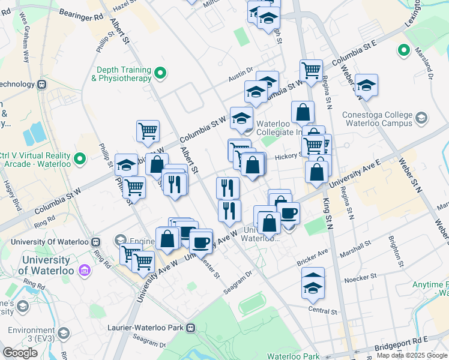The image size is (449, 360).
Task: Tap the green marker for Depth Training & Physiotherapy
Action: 160,74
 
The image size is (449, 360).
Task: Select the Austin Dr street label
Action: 241,77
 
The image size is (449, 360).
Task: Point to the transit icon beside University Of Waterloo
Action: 95,242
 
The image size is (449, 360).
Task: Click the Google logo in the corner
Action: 20,353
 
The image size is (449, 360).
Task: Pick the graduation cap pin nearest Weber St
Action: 366,86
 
